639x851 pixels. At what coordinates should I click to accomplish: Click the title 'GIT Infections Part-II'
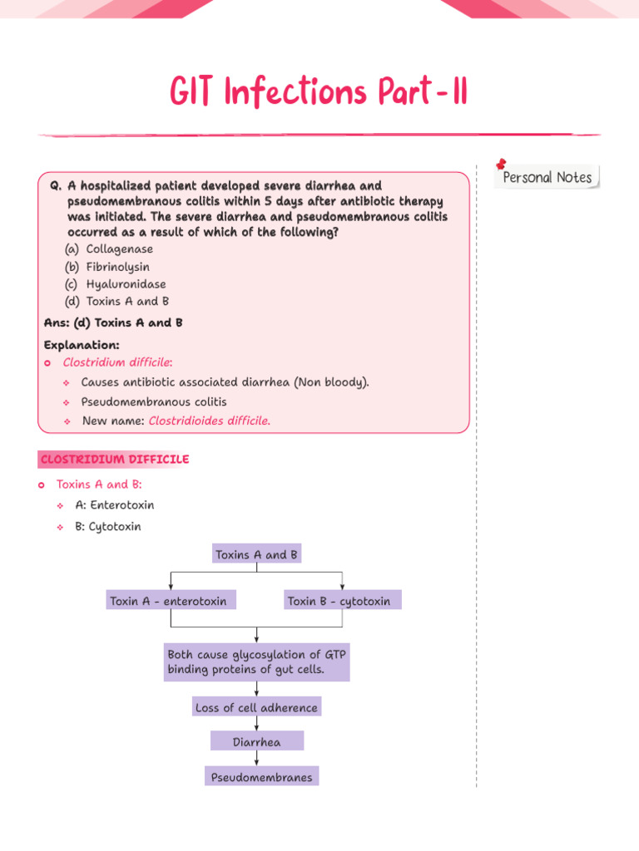[319, 92]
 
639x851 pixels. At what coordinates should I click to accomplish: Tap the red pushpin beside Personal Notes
[502, 165]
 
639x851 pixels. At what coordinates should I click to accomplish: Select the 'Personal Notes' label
[547, 177]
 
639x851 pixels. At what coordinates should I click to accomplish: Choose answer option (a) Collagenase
[109, 248]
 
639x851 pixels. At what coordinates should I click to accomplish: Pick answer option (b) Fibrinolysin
[107, 267]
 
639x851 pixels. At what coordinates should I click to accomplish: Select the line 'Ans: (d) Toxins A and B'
[113, 322]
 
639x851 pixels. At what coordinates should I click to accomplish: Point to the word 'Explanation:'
[82, 344]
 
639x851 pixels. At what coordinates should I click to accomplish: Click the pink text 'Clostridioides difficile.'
[209, 421]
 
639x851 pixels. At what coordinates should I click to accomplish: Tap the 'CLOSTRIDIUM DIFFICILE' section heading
[114, 459]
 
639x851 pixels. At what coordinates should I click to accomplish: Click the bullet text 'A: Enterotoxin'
[114, 504]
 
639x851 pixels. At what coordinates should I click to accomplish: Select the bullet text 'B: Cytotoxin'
[108, 526]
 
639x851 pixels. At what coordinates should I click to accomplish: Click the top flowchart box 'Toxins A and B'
[256, 554]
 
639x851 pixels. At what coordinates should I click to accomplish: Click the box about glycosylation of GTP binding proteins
[256, 662]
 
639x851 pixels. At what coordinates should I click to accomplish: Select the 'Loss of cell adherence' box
[256, 708]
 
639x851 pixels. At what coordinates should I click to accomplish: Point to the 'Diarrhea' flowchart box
[256, 741]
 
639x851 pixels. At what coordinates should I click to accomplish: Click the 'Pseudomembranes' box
[261, 777]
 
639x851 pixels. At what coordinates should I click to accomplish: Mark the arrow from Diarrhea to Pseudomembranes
[257, 759]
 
